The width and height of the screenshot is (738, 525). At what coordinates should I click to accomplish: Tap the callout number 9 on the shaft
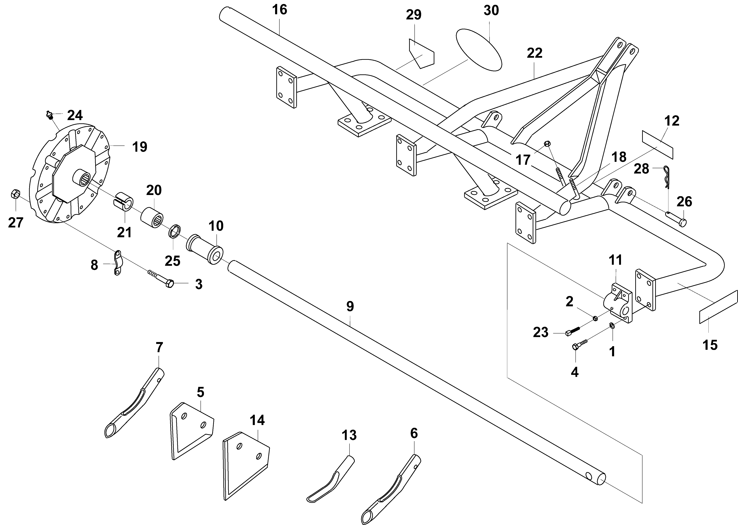pos(350,306)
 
